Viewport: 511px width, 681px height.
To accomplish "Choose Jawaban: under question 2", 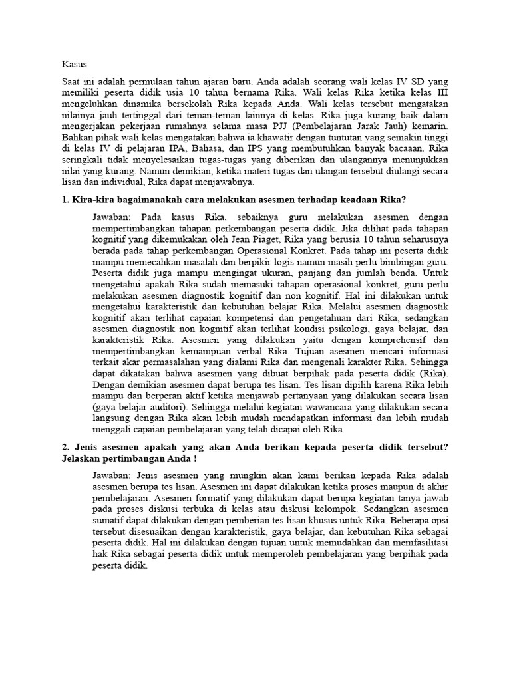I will point(113,476).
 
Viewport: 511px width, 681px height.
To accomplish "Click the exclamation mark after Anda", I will point(196,459).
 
